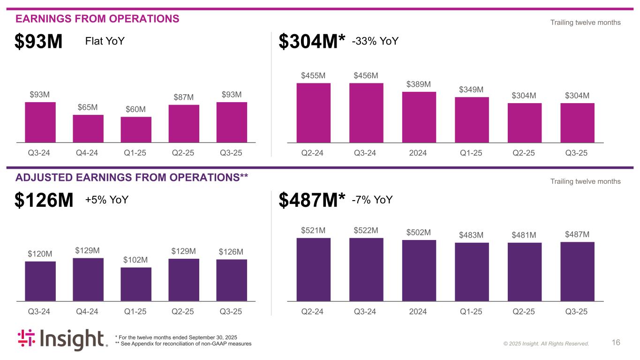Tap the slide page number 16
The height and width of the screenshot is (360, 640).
click(616, 343)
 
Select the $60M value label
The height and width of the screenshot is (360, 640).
click(136, 109)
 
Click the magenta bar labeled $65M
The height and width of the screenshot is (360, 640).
click(88, 128)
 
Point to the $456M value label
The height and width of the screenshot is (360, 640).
click(366, 75)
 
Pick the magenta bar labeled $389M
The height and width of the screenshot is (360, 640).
click(419, 117)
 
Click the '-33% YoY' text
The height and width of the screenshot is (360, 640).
click(375, 41)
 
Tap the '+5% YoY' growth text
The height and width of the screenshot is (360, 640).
click(106, 200)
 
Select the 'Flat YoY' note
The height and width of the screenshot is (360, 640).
click(105, 41)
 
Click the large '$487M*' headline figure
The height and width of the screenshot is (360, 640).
click(312, 201)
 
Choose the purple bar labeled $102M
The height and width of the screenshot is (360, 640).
click(136, 284)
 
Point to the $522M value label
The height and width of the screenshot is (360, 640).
click(366, 230)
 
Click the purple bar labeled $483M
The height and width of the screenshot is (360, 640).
click(472, 272)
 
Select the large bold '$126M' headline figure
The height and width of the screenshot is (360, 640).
click(44, 201)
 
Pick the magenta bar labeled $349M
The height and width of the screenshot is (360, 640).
click(472, 120)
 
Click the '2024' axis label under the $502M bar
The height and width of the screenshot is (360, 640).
click(419, 312)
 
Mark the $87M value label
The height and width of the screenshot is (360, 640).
click(184, 97)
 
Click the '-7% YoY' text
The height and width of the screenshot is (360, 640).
click(372, 200)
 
